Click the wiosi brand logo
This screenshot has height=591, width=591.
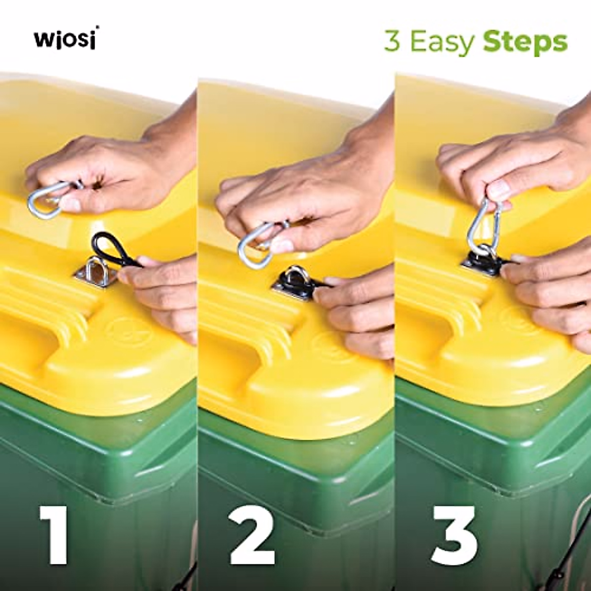pyautogui.click(x=65, y=39)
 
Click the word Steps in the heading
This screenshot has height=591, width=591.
pyautogui.click(x=525, y=42)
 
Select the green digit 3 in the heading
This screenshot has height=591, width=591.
pyautogui.click(x=392, y=42)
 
